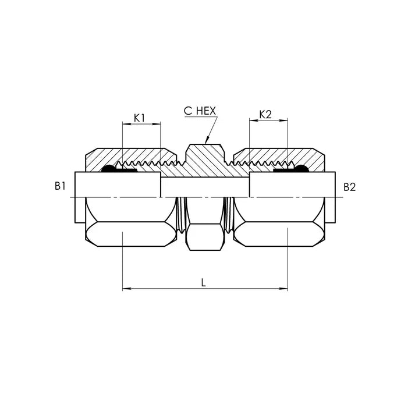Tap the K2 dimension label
[x=265, y=115]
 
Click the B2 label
[x=349, y=187]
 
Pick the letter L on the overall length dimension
[x=203, y=282]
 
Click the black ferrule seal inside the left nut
[x=108, y=169]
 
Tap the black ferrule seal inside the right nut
[x=302, y=169]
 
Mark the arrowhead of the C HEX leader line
[x=207, y=140]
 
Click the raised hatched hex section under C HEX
[x=205, y=156]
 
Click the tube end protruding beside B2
[x=330, y=186]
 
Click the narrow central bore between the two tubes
[x=205, y=187]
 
